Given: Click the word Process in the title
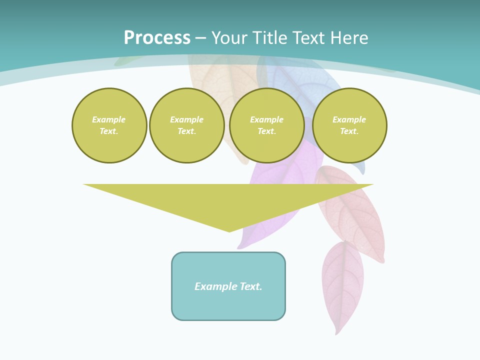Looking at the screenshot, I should click(157, 38).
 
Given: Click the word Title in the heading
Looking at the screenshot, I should click(269, 38).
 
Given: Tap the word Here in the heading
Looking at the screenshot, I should click(349, 38).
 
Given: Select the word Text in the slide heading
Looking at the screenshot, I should click(308, 38).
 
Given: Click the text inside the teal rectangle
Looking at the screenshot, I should click(228, 286).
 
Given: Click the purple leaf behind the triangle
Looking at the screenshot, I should click(260, 235).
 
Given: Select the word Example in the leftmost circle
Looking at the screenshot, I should click(109, 119).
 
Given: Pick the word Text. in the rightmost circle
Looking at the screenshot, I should click(349, 131).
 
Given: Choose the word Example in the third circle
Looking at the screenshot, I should click(267, 119).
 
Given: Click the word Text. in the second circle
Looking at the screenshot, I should click(187, 131).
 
